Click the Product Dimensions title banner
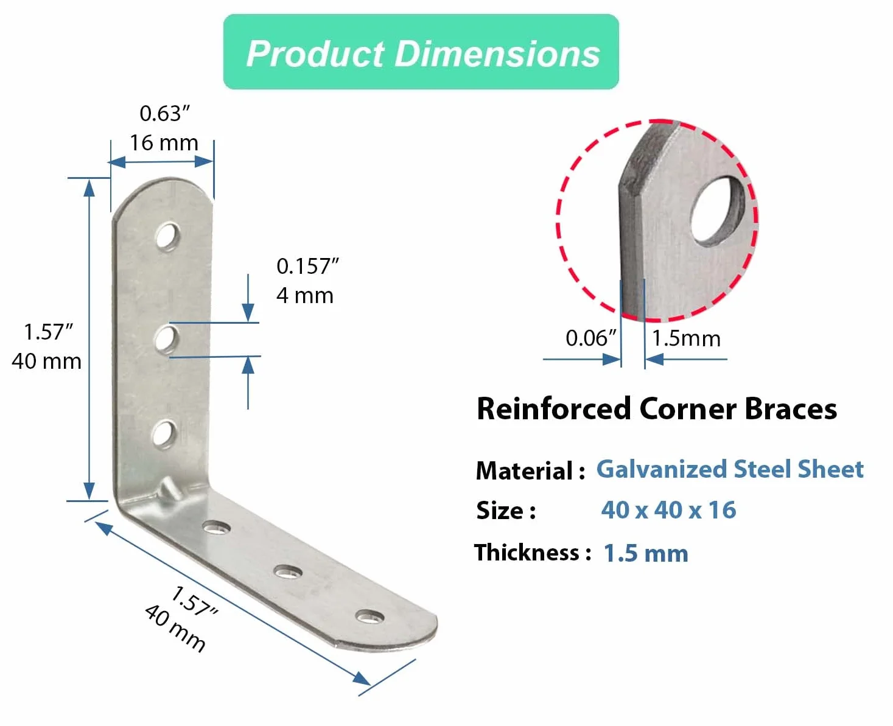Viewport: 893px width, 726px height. (x=421, y=52)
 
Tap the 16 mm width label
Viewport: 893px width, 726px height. (x=164, y=143)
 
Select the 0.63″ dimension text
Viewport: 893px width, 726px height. (x=165, y=114)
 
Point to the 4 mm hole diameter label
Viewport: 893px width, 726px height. (x=305, y=296)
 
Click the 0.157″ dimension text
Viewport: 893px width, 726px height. (x=308, y=266)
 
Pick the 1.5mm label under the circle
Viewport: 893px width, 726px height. (x=686, y=338)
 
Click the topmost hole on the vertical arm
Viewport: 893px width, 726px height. (x=168, y=237)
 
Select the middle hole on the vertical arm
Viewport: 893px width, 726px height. (x=166, y=339)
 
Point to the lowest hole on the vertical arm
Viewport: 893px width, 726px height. (x=164, y=434)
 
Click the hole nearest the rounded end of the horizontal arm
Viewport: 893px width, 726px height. (x=369, y=616)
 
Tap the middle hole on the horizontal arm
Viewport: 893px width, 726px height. (x=287, y=572)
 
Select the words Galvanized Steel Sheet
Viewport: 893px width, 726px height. (x=730, y=469)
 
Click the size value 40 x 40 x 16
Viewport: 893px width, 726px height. (x=669, y=510)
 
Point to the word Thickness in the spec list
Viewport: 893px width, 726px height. (x=527, y=552)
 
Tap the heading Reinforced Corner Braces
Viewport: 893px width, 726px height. (x=657, y=409)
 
